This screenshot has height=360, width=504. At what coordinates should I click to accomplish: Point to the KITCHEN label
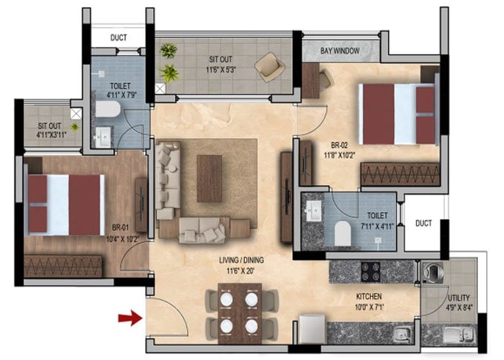367,296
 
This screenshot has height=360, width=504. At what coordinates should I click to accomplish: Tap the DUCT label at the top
119,37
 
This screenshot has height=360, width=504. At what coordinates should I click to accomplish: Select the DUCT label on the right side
423,223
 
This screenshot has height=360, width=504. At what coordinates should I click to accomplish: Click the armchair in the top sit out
269,66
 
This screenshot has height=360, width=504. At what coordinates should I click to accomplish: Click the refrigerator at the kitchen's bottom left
312,328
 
